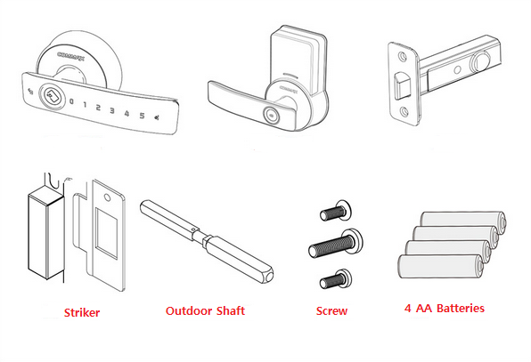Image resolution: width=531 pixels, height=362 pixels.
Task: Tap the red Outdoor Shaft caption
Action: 205,310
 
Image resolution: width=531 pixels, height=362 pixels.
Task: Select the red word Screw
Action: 331,311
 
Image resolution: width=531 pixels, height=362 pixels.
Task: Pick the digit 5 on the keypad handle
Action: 140,115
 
